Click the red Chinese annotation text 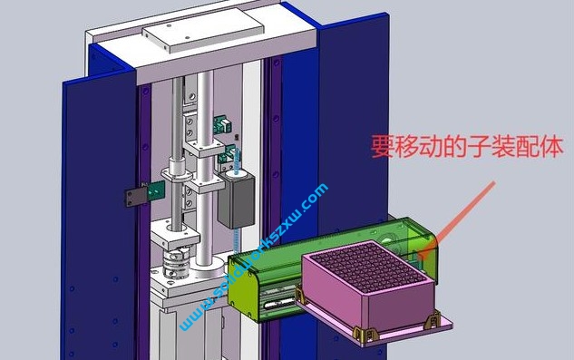[468, 147]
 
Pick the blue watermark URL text [255, 259]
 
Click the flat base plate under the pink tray [399, 326]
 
